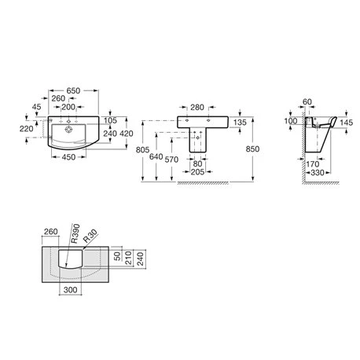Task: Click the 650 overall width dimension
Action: pos(73,90)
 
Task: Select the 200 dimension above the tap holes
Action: pos(68,107)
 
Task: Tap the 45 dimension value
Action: pos(37,107)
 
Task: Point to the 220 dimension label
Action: pos(26,129)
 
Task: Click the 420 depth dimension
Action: pos(127,134)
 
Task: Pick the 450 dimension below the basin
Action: pos(68,157)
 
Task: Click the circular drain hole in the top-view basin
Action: pos(69,129)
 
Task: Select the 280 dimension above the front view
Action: pos(197,107)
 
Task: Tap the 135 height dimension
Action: pos(240,123)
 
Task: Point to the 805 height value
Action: pos(142,150)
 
